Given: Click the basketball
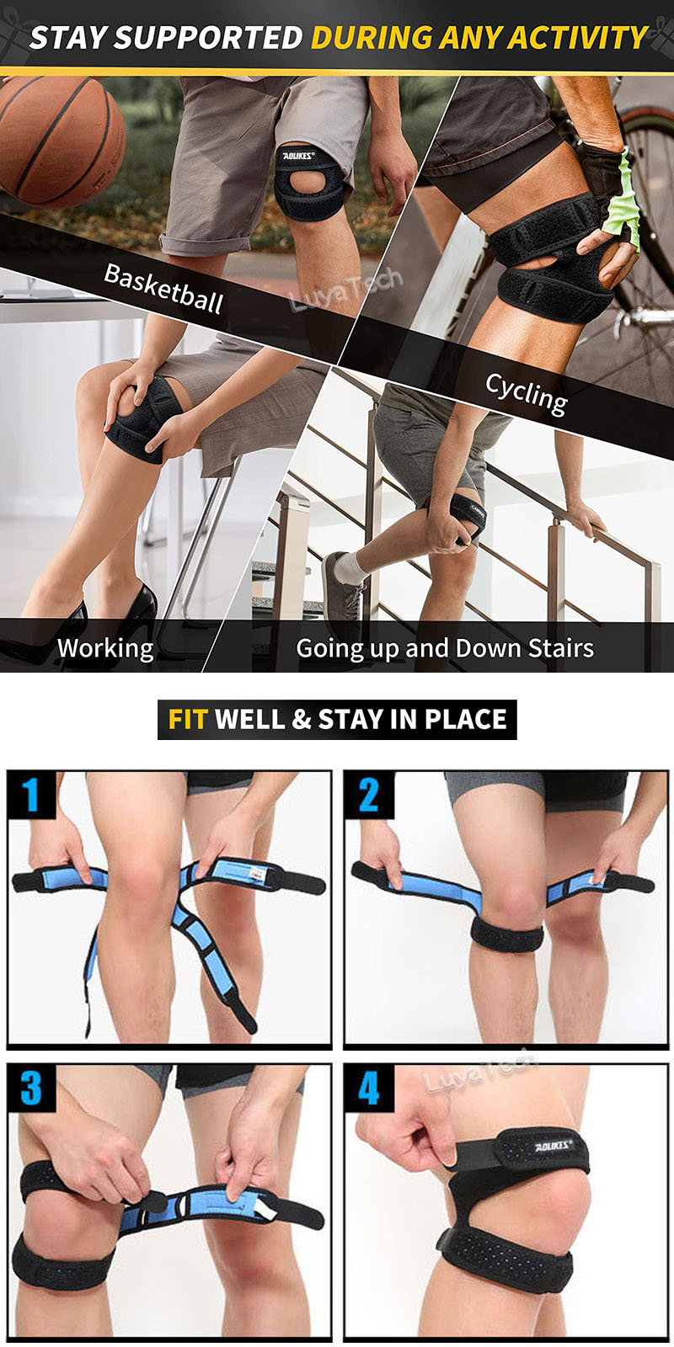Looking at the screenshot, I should [x=59, y=139].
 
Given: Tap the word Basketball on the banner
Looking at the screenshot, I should [x=163, y=288].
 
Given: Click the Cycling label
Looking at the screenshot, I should [x=526, y=392].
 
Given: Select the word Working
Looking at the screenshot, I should [x=105, y=648].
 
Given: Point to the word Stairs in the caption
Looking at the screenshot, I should [x=560, y=648].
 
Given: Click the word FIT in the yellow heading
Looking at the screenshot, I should [x=187, y=720].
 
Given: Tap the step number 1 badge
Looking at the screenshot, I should [x=31, y=795].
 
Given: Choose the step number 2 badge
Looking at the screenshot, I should [x=369, y=795].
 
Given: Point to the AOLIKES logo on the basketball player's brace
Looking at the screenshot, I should [x=298, y=156].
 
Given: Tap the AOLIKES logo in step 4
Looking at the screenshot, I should [x=554, y=1146].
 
